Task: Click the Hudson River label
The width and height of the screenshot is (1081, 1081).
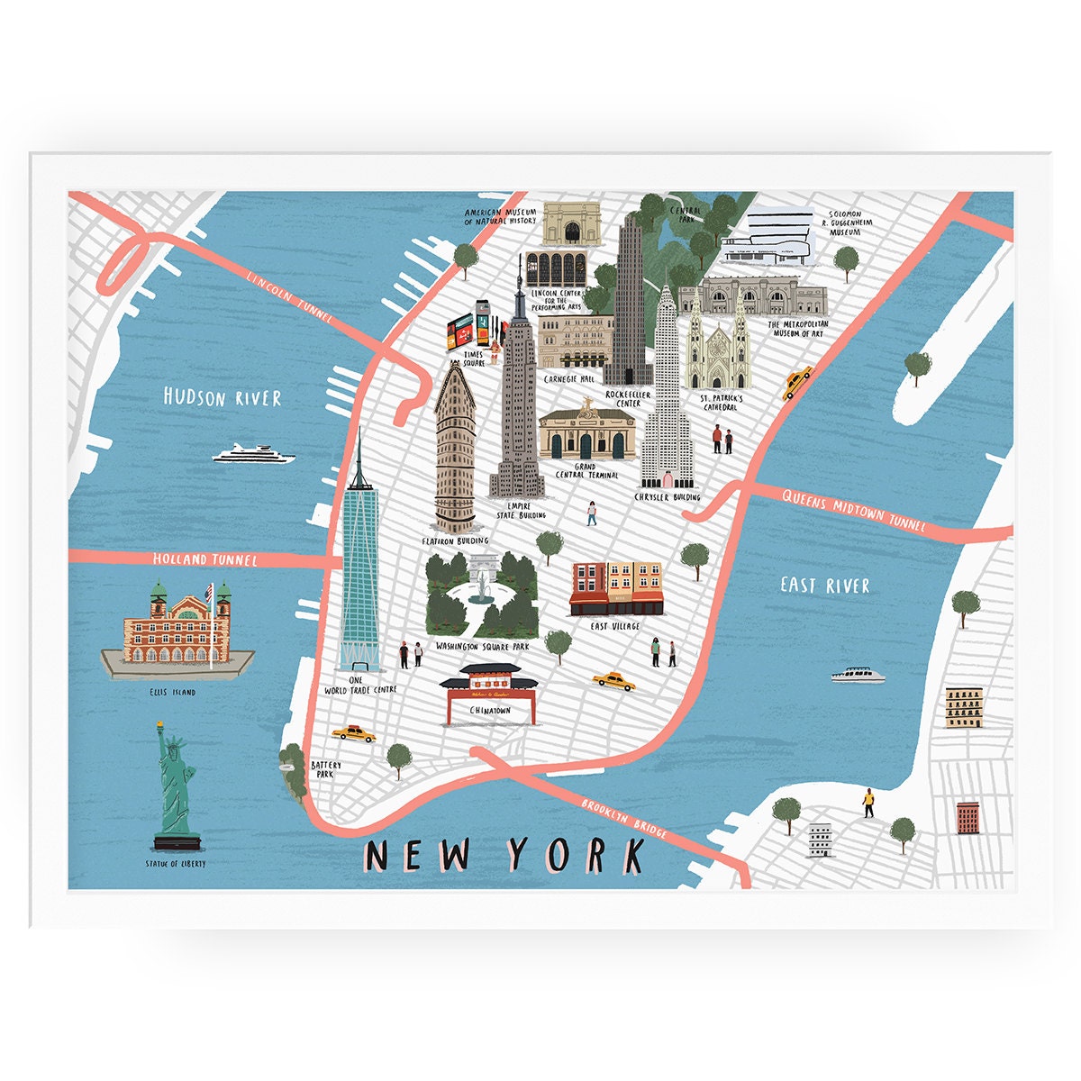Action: (x=223, y=397)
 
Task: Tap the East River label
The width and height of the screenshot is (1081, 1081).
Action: (x=825, y=586)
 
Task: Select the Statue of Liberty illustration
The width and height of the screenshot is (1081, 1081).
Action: (x=177, y=793)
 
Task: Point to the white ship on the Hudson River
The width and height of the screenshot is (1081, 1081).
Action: (x=254, y=454)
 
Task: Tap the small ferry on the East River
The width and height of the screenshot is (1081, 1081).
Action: (x=858, y=675)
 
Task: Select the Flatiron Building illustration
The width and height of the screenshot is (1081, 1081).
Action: (x=455, y=455)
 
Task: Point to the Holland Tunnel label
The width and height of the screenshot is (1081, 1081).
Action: (x=205, y=560)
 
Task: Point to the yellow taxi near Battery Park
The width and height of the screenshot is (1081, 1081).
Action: (x=352, y=733)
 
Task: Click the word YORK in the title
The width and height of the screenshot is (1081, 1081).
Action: (x=576, y=855)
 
